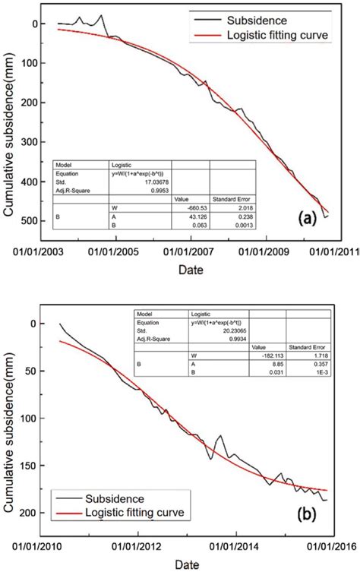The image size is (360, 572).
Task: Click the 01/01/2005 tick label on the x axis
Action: (116, 248)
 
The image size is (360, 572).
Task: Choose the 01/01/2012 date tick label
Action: (137, 545)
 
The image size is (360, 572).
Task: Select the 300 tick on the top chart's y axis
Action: (30, 142)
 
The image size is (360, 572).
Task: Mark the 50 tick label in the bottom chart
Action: (33, 371)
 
